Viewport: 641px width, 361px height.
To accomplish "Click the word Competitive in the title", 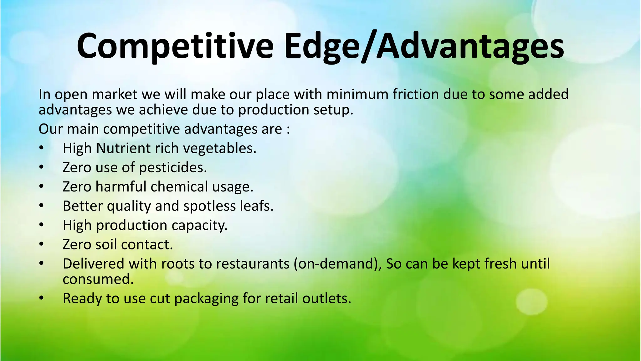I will click(175, 46).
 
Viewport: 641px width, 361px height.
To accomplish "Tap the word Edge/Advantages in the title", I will click(424, 46).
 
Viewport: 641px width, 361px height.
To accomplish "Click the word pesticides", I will click(173, 168).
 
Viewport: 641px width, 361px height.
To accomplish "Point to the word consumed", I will click(98, 279).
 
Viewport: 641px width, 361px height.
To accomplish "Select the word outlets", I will click(326, 298).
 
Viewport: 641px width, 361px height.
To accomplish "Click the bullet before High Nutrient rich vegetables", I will click(42, 148).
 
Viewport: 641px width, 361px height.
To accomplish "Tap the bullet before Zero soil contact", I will click(42, 244).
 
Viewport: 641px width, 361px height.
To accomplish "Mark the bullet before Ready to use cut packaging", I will click(42, 298).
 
